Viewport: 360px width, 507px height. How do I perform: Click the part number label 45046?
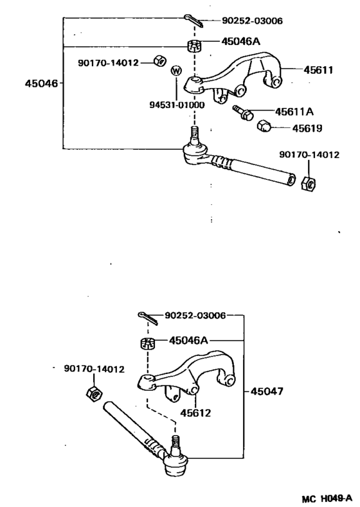[42, 83]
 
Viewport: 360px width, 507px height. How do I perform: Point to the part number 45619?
[308, 128]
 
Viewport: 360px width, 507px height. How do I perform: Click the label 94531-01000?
[170, 105]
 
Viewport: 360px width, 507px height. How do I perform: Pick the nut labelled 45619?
[263, 125]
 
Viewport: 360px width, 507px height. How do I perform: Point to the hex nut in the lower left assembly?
[92, 393]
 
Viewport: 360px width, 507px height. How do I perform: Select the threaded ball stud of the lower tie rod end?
[174, 444]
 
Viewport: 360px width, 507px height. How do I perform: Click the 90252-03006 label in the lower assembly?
[195, 316]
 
